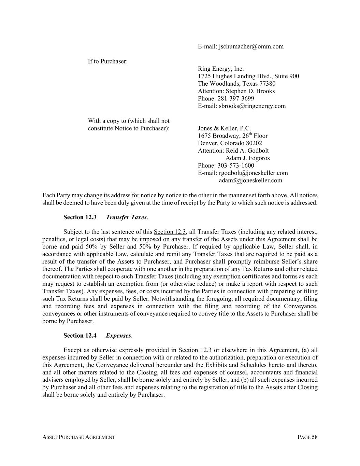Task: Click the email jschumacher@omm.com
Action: (x=251, y=46)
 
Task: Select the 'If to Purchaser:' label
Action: (x=108, y=61)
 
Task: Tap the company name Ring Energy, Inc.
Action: (x=221, y=69)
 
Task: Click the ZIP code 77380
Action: (x=267, y=84)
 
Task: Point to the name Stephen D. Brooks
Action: (x=250, y=91)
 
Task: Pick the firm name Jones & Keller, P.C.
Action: (x=224, y=128)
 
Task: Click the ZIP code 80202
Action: (x=254, y=143)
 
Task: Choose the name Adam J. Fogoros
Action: (x=247, y=158)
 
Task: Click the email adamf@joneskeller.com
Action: (x=250, y=181)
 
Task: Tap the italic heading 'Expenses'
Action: (x=118, y=336)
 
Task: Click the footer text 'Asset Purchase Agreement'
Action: (x=78, y=437)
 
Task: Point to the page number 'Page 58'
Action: (x=307, y=437)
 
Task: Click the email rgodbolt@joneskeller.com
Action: (x=253, y=173)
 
